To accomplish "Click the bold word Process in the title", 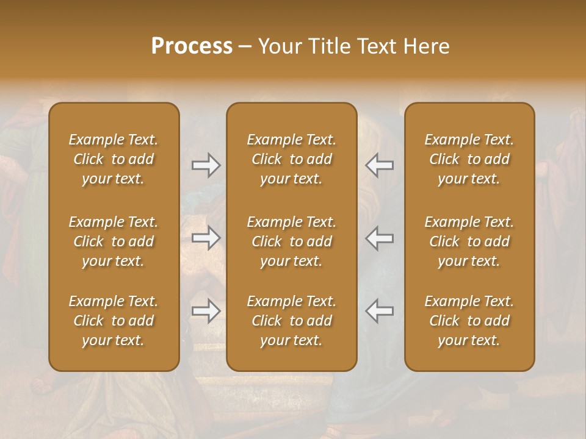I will [x=192, y=46].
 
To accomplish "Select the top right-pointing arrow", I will [x=206, y=165].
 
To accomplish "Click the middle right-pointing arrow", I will [x=206, y=238].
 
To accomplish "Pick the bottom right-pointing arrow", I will [x=206, y=311].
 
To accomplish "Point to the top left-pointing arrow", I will [x=379, y=165].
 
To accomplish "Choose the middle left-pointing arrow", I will [x=379, y=238].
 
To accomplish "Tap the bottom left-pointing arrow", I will [x=379, y=311].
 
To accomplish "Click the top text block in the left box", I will [x=114, y=159].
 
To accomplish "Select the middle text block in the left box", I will [x=114, y=241].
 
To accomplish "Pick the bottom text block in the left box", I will [x=114, y=320].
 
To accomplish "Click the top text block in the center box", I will [x=291, y=159].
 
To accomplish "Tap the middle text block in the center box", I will [x=291, y=241].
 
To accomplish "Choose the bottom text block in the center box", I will [x=291, y=320].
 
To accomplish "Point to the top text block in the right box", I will [x=469, y=159].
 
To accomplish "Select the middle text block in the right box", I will [x=469, y=241].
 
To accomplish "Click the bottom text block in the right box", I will [x=469, y=320].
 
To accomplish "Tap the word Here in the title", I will [x=427, y=46].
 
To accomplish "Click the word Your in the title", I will [x=278, y=46].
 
